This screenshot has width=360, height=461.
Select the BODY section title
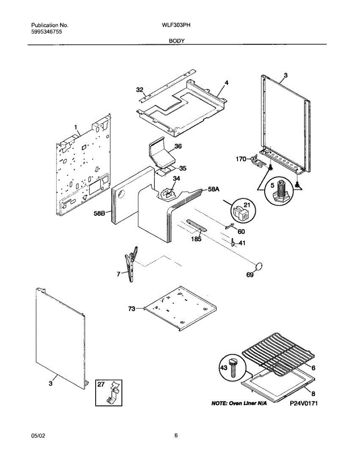pyautogui.click(x=176, y=40)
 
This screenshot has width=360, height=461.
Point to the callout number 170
pyautogui.click(x=241, y=159)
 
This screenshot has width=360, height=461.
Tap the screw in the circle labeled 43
pyautogui.click(x=232, y=367)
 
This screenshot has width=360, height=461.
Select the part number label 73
pyautogui.click(x=131, y=308)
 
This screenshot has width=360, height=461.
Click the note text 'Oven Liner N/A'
pyautogui.click(x=239, y=404)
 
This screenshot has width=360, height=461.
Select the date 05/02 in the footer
pyautogui.click(x=38, y=436)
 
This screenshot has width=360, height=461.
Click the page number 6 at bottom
pyautogui.click(x=176, y=436)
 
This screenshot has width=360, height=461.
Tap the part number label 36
pyautogui.click(x=178, y=146)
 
